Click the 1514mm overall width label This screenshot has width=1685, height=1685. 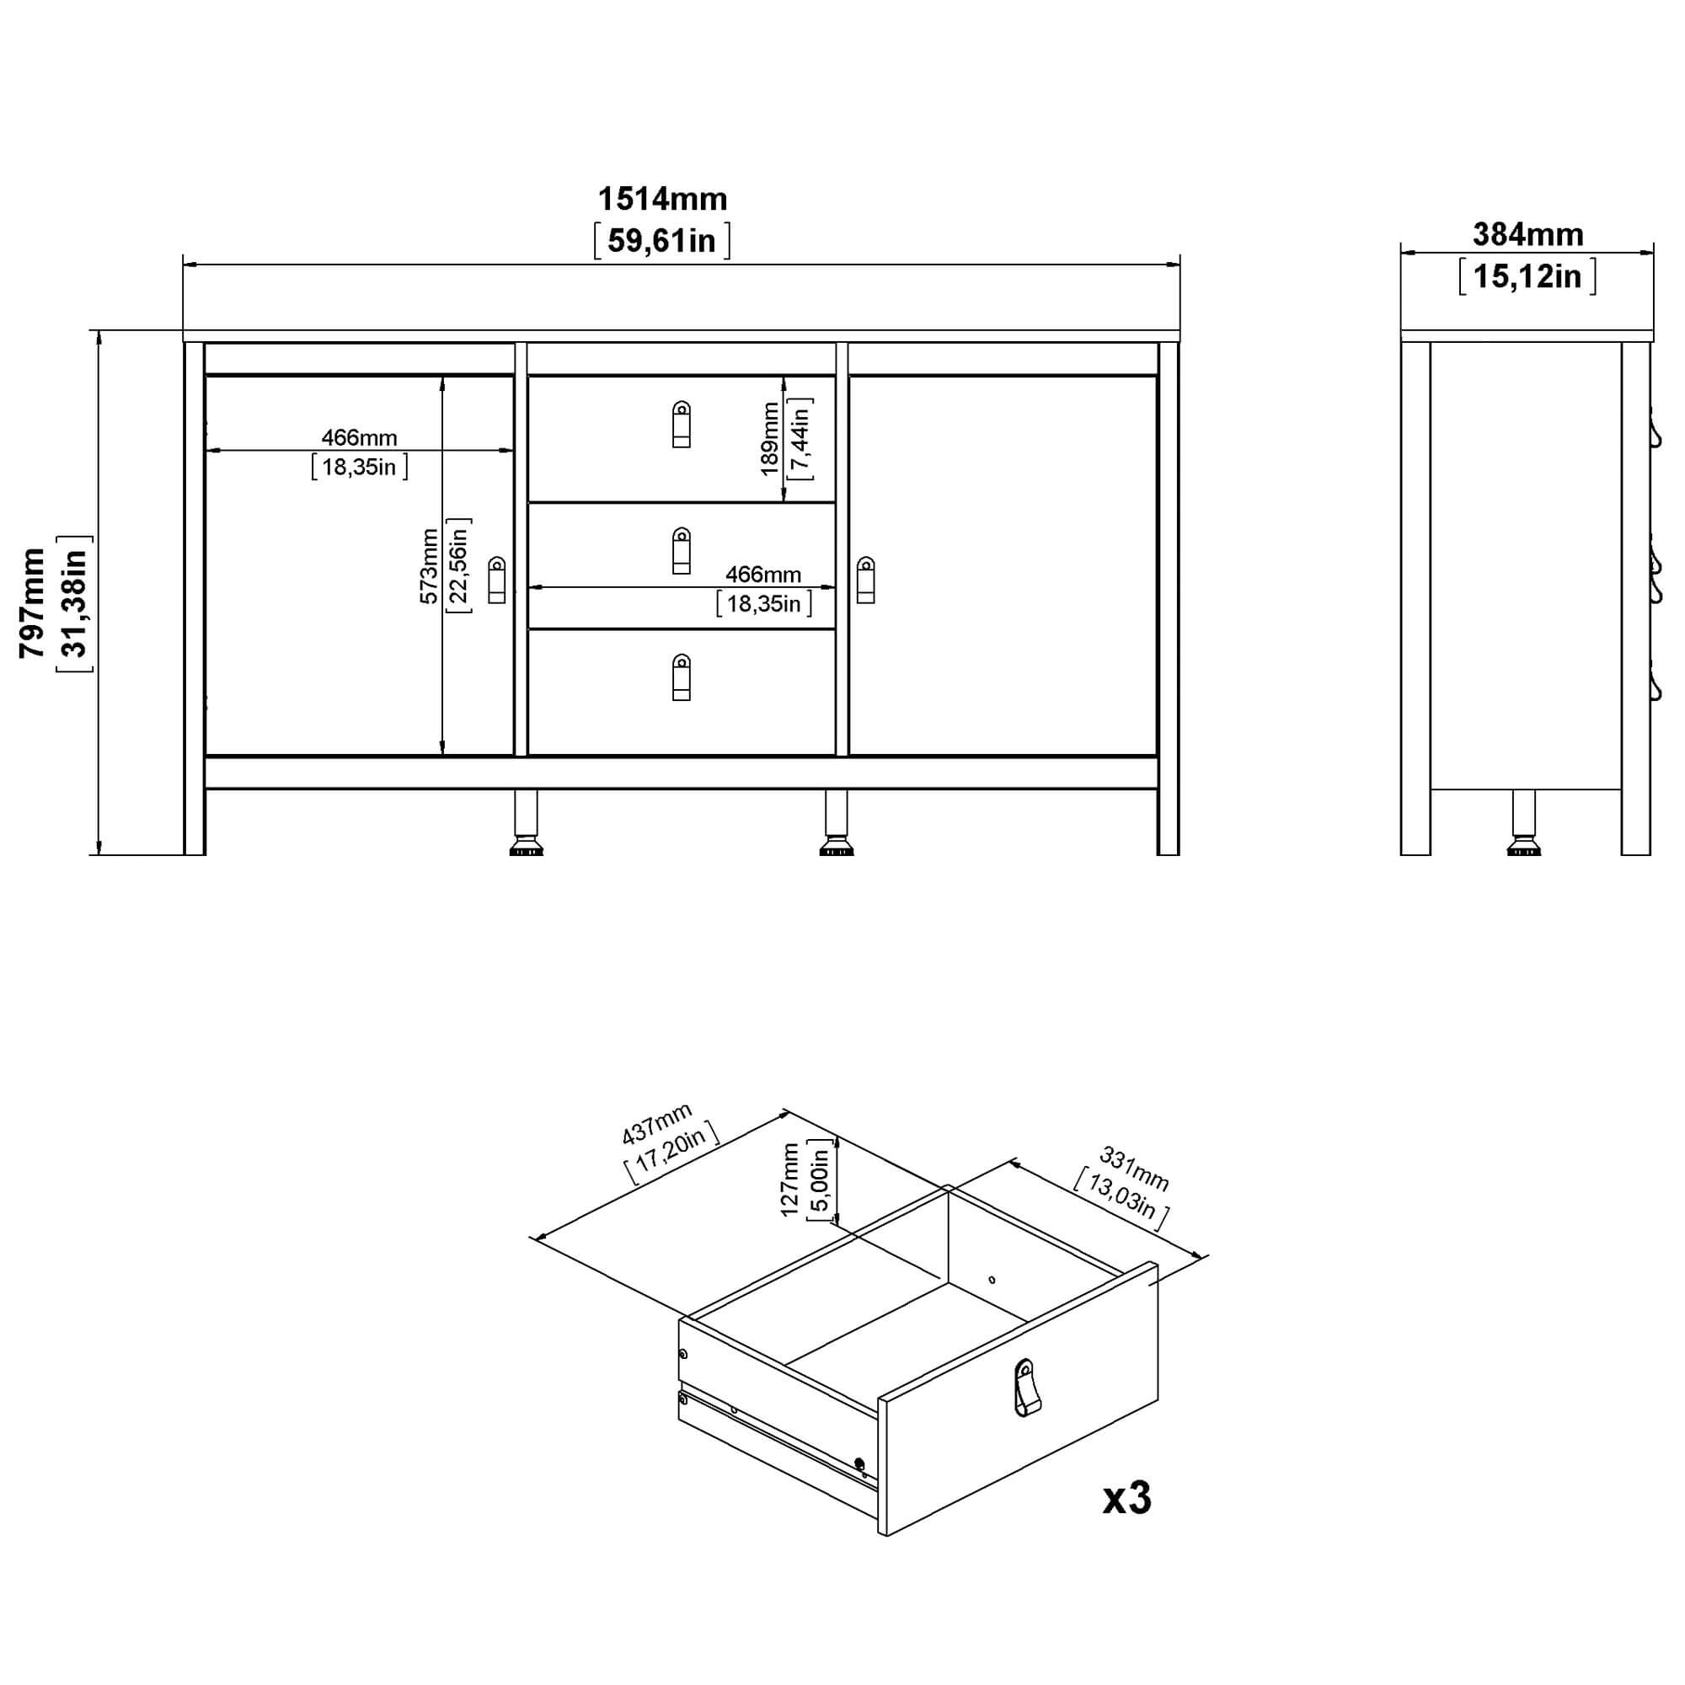pos(663,200)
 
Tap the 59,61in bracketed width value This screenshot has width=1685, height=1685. pos(662,241)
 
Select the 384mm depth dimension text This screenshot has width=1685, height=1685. pos(1528,234)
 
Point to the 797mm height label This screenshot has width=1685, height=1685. pos(32,602)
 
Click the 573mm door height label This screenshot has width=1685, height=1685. pos(428,566)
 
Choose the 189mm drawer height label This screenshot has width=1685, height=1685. pos(769,438)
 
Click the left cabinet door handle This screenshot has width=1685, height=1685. pos(496,580)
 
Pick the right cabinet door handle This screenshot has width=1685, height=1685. pos(866,580)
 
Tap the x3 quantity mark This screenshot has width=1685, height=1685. pos(1126,1498)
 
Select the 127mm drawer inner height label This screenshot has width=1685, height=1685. pos(790,1180)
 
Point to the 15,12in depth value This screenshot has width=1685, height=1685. pos(1527,276)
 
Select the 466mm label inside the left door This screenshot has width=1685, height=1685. pos(360,438)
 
